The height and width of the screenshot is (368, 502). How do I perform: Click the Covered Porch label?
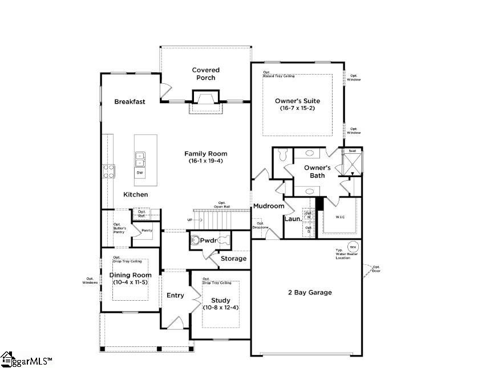205,73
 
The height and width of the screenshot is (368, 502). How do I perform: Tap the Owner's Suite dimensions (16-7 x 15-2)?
297,108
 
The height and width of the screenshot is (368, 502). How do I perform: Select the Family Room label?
205,153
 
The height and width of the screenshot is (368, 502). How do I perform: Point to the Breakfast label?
129,101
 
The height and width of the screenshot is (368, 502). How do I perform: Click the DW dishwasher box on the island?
140,172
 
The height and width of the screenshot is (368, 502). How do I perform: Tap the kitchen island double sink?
140,157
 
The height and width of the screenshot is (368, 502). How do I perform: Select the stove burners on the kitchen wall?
108,171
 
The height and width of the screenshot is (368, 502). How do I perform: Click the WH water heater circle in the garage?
353,247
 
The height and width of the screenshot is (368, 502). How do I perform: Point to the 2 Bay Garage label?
309,292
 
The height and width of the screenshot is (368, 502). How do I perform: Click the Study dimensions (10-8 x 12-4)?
221,308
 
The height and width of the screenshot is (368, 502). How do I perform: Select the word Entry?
175,295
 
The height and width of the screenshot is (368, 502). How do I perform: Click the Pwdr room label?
208,240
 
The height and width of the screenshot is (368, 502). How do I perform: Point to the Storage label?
234,259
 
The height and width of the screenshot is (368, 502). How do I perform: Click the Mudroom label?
268,206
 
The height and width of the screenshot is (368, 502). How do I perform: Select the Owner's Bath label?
317,171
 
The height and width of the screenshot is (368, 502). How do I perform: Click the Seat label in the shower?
352,151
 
